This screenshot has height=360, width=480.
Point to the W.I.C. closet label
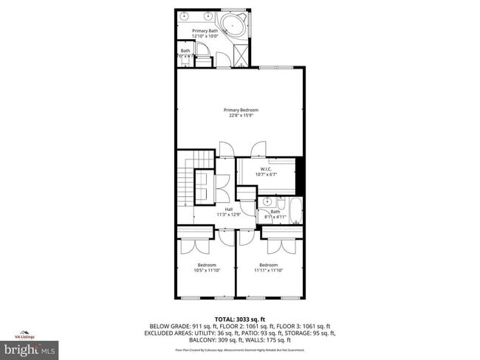(264, 169)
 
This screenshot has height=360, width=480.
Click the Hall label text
(230, 210)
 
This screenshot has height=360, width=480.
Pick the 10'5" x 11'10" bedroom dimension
(206, 270)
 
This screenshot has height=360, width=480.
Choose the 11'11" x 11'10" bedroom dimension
(268, 270)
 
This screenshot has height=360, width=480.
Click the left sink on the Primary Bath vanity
(185, 15)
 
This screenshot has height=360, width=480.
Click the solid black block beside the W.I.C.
(299, 174)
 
